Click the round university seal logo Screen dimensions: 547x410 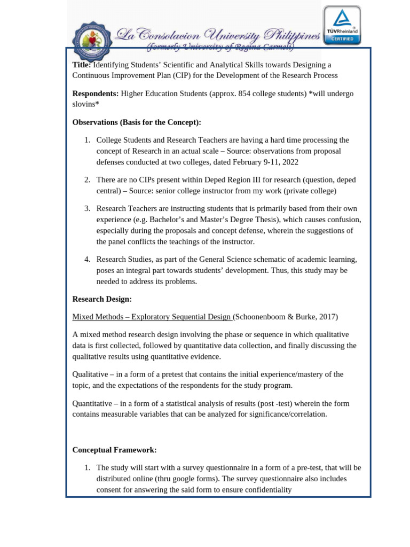(x=91, y=41)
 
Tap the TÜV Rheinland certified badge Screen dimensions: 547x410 (x=342, y=26)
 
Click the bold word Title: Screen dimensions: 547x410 (x=82, y=65)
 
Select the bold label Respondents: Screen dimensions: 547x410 (x=95, y=93)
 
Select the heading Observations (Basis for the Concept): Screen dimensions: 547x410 (x=137, y=122)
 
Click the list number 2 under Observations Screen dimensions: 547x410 (x=87, y=179)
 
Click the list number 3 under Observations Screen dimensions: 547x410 (x=87, y=208)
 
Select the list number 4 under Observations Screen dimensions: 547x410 (x=87, y=259)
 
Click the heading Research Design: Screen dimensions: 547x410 (x=102, y=299)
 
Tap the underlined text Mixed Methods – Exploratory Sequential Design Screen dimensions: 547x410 (x=152, y=317)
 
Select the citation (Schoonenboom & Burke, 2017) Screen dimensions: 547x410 (x=285, y=317)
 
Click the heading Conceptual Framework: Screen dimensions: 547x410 (x=114, y=450)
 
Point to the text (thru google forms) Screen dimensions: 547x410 (x=185, y=479)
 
